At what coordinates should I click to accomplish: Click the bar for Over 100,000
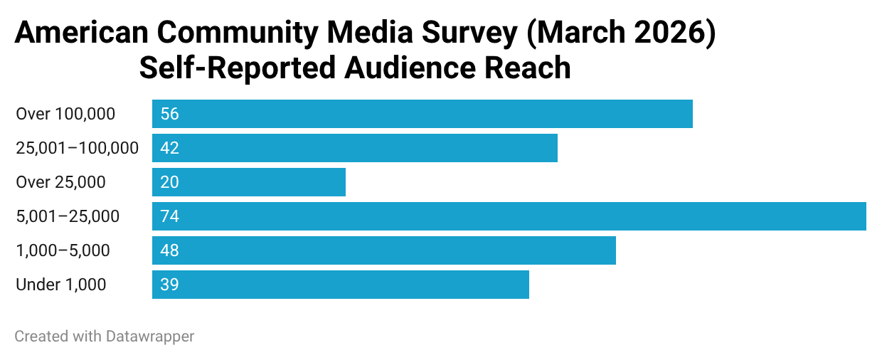tap(423, 114)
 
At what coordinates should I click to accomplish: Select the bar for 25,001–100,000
tap(355, 148)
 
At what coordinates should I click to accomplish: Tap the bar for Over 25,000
tap(249, 182)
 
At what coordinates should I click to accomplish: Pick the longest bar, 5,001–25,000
tap(509, 216)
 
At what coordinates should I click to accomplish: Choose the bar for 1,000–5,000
tap(384, 250)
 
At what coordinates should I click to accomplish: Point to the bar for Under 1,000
tap(341, 285)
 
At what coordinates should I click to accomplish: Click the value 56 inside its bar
tap(170, 114)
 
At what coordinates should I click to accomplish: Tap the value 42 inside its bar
tap(170, 148)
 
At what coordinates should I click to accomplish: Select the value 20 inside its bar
tap(170, 182)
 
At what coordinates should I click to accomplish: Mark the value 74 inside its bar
tap(170, 216)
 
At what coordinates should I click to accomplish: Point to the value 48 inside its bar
tap(170, 250)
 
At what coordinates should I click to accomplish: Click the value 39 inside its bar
tap(170, 285)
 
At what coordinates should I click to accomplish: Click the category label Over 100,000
tap(65, 115)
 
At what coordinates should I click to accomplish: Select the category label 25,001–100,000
tap(77, 149)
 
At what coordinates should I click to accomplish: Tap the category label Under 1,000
tap(61, 285)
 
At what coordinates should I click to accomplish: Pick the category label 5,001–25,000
tap(68, 216)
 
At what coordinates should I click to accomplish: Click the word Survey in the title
tap(469, 33)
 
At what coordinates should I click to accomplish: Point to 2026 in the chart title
tap(669, 32)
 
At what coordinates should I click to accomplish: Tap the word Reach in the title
tap(528, 68)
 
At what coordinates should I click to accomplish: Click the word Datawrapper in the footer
tap(150, 337)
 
